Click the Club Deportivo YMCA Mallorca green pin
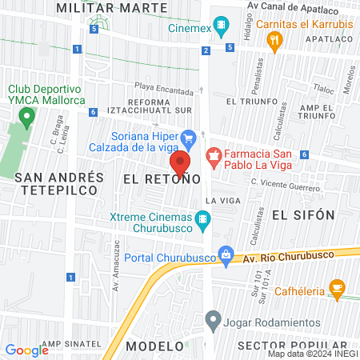[x=26, y=119]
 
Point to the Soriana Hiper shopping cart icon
[x=189, y=138]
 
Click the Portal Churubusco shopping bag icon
[x=227, y=255]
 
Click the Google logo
[x=26, y=350]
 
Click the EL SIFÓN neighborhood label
[x=302, y=214]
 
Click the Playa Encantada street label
[x=163, y=90]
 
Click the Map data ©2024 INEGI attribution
[x=312, y=353]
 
